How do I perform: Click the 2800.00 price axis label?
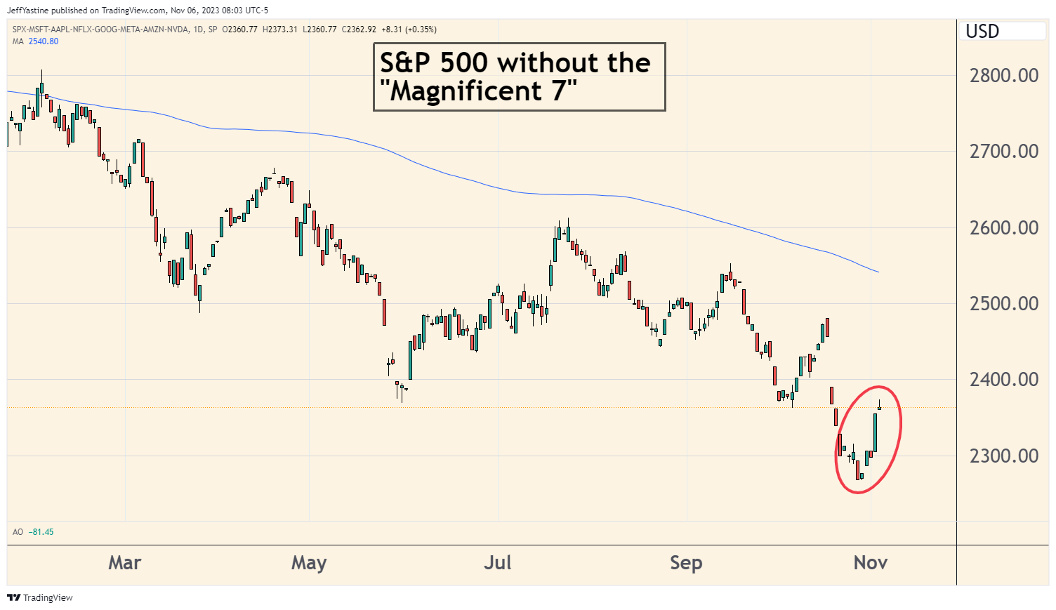click(x=1003, y=75)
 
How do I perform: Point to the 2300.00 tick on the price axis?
click(x=1003, y=456)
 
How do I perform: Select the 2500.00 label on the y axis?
click(x=1003, y=303)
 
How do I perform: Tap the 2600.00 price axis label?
click(x=1003, y=227)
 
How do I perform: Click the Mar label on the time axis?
click(x=125, y=562)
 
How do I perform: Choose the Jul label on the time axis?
click(x=498, y=562)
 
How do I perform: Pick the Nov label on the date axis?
click(x=871, y=562)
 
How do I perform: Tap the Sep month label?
click(x=687, y=563)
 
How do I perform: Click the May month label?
click(x=309, y=563)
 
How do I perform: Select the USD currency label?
click(x=982, y=31)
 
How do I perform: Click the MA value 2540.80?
click(x=44, y=41)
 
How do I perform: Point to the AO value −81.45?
click(x=41, y=532)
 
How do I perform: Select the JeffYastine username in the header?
click(x=27, y=11)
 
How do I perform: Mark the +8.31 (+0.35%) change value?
click(x=409, y=29)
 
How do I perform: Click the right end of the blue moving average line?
click(x=879, y=272)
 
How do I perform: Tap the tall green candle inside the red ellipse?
click(x=875, y=432)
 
